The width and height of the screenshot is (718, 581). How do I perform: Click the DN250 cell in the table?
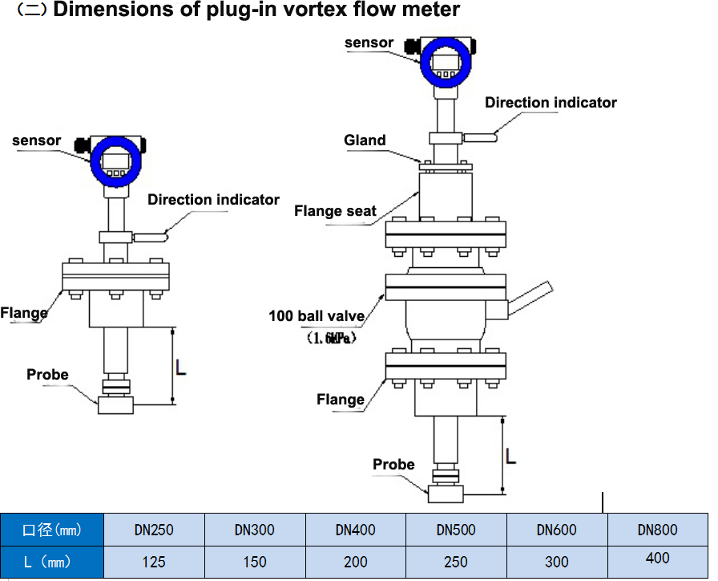tap(154, 530)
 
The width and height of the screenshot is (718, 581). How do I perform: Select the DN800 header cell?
tap(657, 530)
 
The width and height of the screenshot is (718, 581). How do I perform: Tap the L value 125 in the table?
tap(154, 562)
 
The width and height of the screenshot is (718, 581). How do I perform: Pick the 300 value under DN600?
tap(557, 562)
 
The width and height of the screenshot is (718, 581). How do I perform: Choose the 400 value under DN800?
tap(657, 558)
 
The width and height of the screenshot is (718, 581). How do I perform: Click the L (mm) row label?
tap(52, 562)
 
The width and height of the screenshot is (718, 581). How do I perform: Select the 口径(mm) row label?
tap(52, 530)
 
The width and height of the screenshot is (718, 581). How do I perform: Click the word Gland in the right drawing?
tap(365, 140)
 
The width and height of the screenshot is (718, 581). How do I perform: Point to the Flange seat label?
tap(335, 211)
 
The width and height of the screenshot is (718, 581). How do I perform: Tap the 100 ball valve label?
tap(317, 316)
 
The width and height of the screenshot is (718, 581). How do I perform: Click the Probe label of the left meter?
tap(47, 375)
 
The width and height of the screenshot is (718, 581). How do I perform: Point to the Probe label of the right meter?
tap(393, 465)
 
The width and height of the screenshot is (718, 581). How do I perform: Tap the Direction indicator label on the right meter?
tap(551, 103)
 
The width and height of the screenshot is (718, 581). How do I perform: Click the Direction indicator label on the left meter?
tap(213, 200)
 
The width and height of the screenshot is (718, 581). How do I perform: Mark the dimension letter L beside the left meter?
tap(181, 367)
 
